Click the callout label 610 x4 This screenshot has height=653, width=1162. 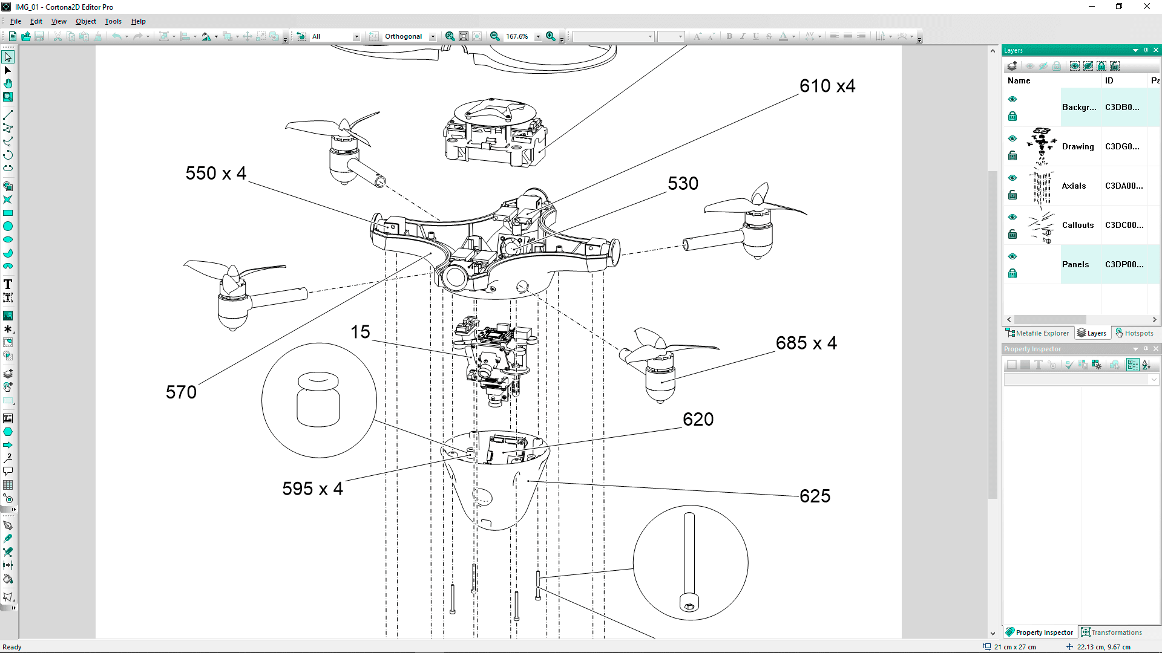827,86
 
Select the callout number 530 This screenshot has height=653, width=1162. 683,184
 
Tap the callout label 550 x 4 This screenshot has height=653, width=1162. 215,174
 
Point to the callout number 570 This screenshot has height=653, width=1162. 181,392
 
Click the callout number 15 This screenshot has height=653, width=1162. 360,332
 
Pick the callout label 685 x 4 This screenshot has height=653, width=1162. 806,343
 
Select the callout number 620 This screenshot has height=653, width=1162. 698,420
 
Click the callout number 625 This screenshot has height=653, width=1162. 815,496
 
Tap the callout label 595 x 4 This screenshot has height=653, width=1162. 312,489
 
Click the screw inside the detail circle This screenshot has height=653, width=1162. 689,562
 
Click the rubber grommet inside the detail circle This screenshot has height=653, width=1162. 318,400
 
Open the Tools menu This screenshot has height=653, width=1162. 113,21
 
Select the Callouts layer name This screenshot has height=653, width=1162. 1077,225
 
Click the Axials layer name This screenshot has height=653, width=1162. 1074,186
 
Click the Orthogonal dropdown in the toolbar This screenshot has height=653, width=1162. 409,36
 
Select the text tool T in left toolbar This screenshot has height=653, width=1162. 8,284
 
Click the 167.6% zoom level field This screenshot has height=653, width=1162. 517,36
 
